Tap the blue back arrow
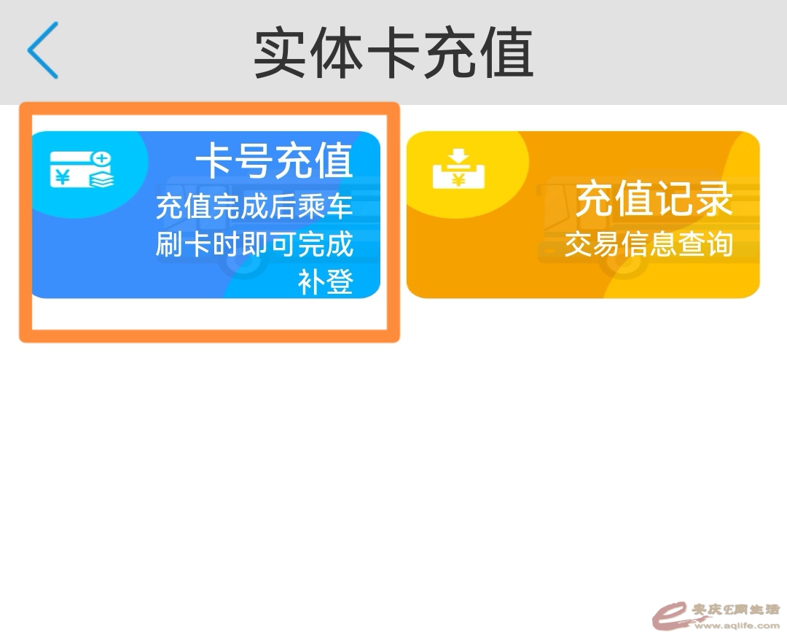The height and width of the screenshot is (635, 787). (x=42, y=50)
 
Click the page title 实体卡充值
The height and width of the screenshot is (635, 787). (x=393, y=53)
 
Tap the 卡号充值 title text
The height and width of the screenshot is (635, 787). (x=275, y=161)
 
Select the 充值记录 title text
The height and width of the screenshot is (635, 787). (x=654, y=199)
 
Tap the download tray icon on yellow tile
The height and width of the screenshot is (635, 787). (x=458, y=168)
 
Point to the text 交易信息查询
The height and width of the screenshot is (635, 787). (x=648, y=245)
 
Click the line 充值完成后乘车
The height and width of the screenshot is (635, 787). (x=254, y=207)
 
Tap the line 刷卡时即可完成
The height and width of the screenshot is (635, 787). (x=254, y=245)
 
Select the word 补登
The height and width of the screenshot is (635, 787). (x=326, y=282)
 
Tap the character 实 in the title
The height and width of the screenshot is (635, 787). (x=281, y=53)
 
